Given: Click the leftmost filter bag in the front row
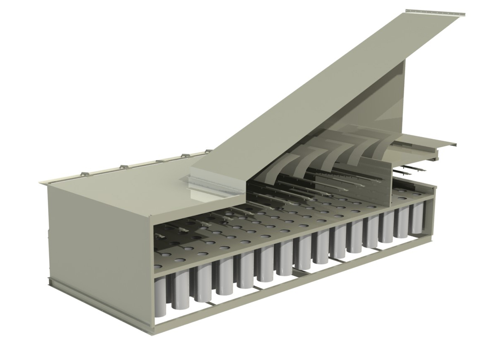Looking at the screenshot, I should click(160, 296).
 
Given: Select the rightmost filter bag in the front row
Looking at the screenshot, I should click(417, 218).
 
